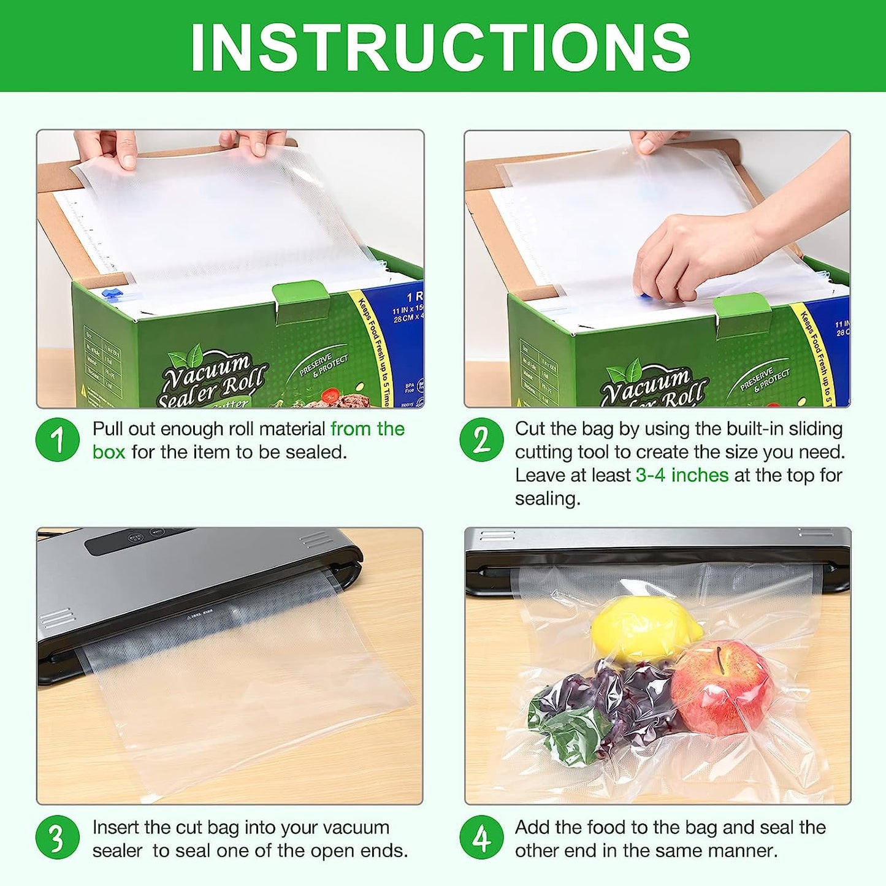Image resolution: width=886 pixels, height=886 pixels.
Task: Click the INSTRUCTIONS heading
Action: click(441, 47)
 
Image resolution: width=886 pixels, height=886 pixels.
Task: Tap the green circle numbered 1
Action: click(58, 440)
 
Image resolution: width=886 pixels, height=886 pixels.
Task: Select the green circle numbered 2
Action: click(481, 440)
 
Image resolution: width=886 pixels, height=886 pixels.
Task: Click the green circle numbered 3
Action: click(58, 838)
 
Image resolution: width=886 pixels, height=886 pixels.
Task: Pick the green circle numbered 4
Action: click(481, 838)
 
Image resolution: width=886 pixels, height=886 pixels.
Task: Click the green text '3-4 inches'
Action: click(682, 475)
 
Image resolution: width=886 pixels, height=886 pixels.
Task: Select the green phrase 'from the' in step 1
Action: click(367, 429)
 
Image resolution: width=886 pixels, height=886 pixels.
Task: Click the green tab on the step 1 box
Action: click(300, 299)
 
